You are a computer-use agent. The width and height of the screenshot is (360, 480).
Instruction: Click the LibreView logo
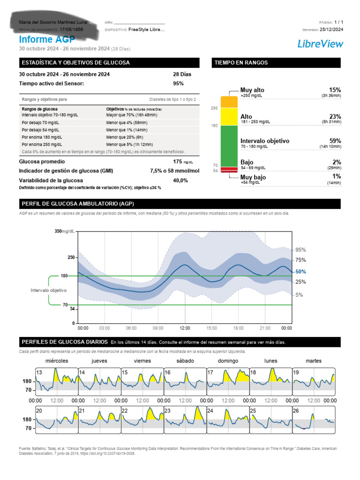(x=320, y=44)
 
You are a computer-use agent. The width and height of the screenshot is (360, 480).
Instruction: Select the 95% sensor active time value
(x=178, y=83)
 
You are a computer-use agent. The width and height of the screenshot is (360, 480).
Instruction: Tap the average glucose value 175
(x=177, y=161)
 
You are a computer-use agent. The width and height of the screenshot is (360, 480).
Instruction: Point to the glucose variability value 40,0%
(x=180, y=180)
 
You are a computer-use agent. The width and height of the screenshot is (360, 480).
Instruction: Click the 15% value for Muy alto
(x=335, y=90)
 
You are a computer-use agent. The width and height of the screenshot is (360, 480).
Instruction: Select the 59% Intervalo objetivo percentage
(x=335, y=141)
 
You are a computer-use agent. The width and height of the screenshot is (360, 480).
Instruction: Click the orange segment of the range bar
(x=229, y=102)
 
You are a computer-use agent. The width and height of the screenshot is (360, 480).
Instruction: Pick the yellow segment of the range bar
(x=229, y=116)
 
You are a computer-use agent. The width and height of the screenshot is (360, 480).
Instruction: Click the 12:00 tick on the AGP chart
(x=185, y=328)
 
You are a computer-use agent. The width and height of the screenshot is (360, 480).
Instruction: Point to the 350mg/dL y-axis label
(x=65, y=231)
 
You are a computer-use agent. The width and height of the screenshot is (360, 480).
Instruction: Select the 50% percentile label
(x=300, y=271)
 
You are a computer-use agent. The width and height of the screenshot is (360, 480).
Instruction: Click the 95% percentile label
(x=300, y=250)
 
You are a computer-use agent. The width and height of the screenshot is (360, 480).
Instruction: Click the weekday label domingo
(x=228, y=361)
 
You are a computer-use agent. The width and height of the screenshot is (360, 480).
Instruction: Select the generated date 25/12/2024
(x=331, y=29)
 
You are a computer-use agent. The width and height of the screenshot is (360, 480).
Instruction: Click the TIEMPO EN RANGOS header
(x=241, y=63)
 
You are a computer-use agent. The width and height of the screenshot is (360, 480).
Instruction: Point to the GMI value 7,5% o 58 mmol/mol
(x=174, y=171)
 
